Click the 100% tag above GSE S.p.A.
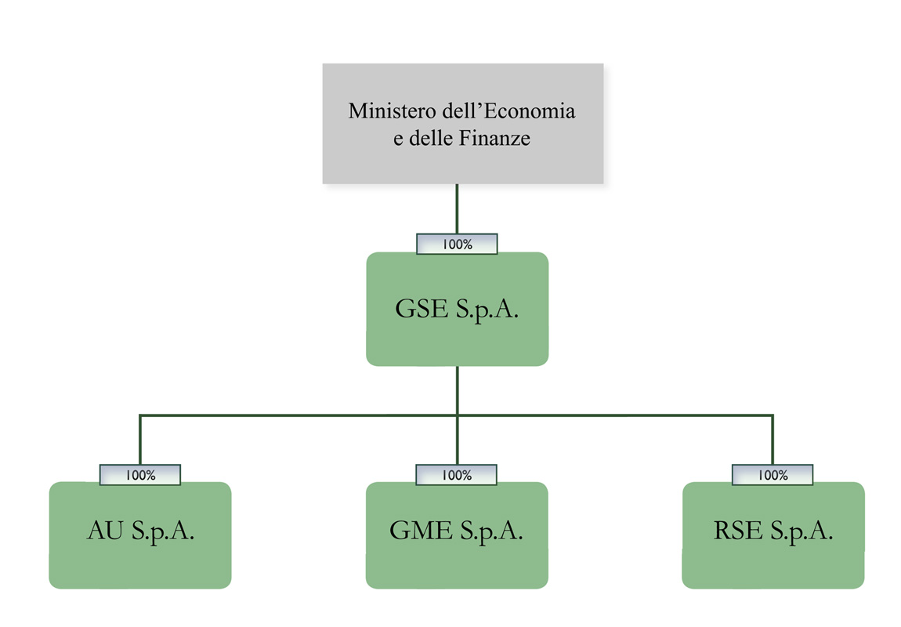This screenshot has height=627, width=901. pos(457,245)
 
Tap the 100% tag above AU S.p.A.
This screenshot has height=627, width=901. pos(140,475)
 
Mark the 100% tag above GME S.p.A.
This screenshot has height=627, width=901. pos(457,475)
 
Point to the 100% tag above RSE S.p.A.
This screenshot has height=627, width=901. pos(773,475)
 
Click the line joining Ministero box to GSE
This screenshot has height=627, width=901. pos(457,208)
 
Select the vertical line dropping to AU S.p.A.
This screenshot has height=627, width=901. pos(140,440)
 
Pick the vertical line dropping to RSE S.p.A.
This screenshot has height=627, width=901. pos(773,440)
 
